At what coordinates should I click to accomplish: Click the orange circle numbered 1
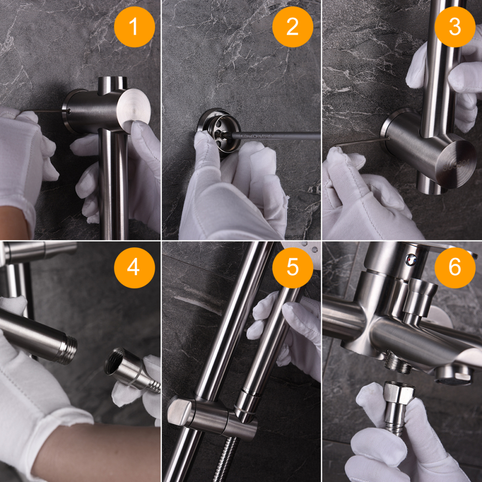pos(134,27)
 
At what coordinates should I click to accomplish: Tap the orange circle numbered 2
pos(293,27)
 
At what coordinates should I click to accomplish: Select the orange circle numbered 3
pos(455,27)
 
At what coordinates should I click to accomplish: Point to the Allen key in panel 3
pos(361,142)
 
